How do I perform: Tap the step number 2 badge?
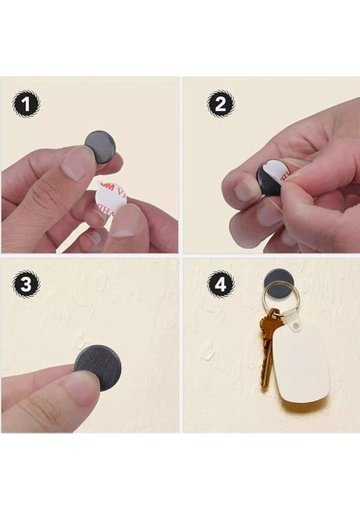tap(222, 105)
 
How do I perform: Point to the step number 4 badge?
tap(222, 286)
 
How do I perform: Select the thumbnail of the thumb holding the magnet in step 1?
tap(74, 159)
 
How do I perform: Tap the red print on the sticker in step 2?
tap(284, 173)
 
